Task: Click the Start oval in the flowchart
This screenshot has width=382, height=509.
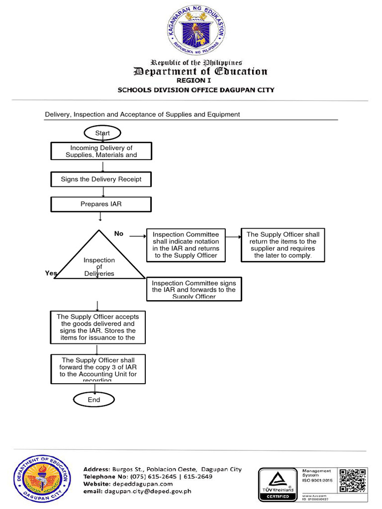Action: pos(102,133)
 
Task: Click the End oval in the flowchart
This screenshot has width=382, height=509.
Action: pos(94,400)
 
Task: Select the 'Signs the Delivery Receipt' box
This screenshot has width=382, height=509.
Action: pos(101,179)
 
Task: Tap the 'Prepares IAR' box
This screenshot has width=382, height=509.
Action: pos(101,204)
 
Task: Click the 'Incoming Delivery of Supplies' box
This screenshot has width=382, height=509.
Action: pos(101,151)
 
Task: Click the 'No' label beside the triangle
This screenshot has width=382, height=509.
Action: pos(118,234)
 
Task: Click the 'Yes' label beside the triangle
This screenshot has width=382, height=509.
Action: pos(51,273)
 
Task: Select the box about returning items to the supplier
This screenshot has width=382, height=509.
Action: pos(283,245)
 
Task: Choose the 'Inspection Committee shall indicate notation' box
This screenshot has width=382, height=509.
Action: pos(186,245)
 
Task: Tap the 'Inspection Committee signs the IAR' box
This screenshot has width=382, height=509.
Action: pos(194,289)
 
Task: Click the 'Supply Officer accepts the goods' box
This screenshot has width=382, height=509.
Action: pos(98,327)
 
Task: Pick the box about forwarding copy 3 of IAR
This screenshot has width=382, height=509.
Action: pos(98,369)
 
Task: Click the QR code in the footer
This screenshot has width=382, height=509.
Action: pos(353,480)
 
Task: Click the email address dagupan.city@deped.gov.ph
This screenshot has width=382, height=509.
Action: pos(148,492)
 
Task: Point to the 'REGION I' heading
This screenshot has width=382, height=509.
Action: pos(191,81)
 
